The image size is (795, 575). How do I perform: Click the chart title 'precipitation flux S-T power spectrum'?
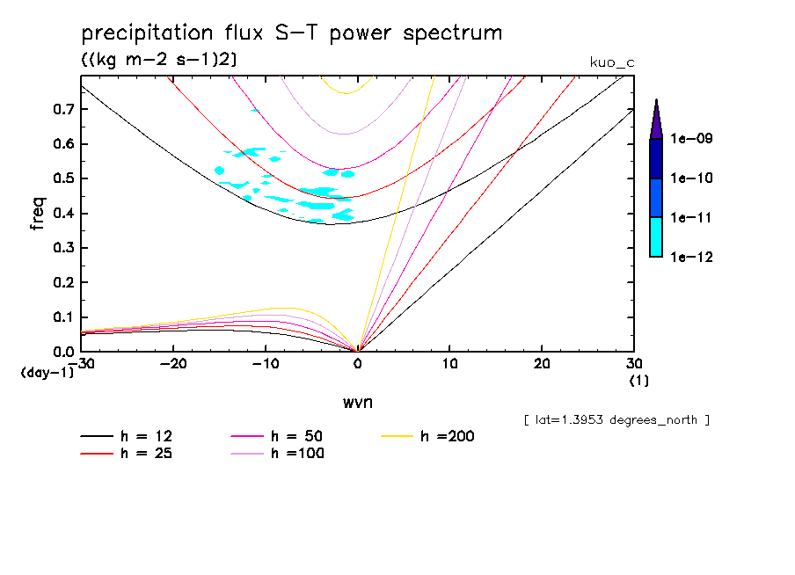click(x=291, y=34)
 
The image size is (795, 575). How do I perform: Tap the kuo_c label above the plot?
click(x=609, y=62)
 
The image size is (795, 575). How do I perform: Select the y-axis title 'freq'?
click(x=38, y=214)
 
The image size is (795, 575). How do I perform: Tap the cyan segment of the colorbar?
click(x=656, y=237)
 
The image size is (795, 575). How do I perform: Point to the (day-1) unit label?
click(x=47, y=373)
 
